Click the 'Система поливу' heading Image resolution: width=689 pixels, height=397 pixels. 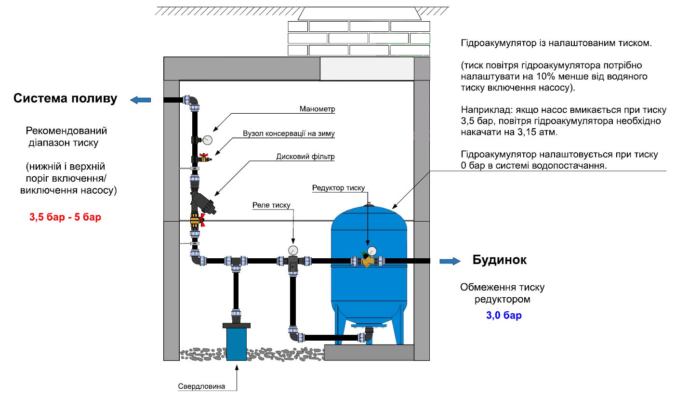(x=66, y=99)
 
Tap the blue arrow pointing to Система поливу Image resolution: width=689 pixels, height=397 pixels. (x=141, y=100)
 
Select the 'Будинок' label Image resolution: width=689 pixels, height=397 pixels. (x=500, y=260)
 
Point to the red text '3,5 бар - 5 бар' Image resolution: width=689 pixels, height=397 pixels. (x=66, y=217)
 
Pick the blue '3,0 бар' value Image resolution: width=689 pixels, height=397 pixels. (x=503, y=316)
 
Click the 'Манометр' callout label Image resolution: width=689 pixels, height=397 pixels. (x=317, y=109)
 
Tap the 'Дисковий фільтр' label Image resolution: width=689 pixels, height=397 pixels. (x=305, y=157)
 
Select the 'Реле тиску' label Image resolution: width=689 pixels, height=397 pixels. (x=271, y=205)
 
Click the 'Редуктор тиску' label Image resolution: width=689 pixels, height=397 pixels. (x=338, y=188)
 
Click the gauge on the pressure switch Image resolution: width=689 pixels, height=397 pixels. (x=293, y=250)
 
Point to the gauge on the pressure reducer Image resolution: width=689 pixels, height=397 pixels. (x=372, y=251)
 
